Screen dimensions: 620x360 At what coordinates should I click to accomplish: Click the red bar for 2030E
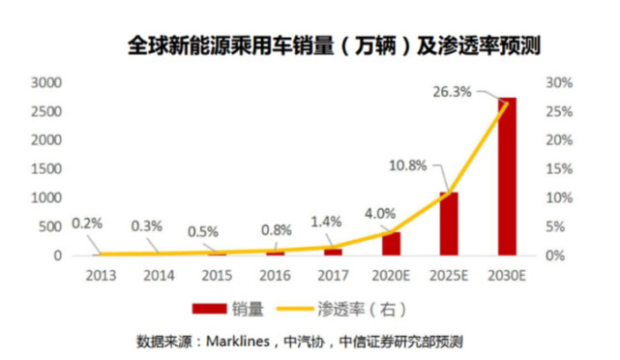507,176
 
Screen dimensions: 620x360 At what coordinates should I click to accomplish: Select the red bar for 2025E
449,224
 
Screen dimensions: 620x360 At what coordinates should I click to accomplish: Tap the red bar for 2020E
391,244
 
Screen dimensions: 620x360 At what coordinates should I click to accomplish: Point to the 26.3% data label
452,92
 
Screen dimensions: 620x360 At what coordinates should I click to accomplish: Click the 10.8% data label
407,165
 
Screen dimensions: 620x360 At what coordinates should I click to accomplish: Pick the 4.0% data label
380,214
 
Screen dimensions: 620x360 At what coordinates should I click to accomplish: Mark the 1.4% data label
326,222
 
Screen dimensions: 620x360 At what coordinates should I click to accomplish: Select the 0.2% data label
87,224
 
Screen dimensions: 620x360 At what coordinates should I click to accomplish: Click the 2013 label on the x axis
102,276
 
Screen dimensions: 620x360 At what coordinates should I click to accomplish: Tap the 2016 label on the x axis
276,276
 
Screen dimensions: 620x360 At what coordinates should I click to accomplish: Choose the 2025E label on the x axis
449,276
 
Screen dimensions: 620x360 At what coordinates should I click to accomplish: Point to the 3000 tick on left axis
46,82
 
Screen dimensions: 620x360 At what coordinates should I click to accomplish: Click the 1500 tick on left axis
46,169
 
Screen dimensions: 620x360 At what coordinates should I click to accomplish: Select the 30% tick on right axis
559,82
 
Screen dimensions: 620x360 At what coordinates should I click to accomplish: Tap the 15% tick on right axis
559,169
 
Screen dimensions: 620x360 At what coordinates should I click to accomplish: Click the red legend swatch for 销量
209,309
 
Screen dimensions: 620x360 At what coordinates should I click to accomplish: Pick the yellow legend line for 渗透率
295,309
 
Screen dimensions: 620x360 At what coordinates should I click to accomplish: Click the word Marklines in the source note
238,341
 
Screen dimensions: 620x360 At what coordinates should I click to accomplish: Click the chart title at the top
334,45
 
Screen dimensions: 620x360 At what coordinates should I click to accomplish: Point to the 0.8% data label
277,230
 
